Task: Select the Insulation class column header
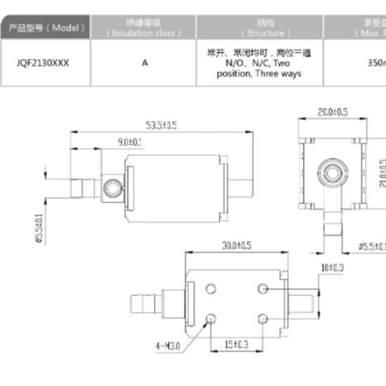coord(144,27)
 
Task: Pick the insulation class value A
coord(144,63)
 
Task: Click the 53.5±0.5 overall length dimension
coord(161,125)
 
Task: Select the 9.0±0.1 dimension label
coord(130,142)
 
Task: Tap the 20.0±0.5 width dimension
coord(332,112)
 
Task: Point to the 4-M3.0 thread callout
coord(169,346)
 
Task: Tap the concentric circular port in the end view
coord(333,169)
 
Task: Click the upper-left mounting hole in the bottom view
coord(212,288)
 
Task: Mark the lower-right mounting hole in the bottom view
coord(263,318)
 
